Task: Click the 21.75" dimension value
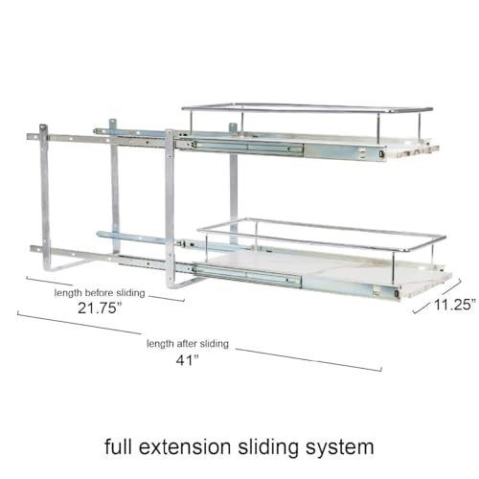pos(100,308)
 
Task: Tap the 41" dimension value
pos(187,360)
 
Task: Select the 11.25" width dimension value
pos(455,305)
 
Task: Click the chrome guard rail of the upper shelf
pos(307,108)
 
